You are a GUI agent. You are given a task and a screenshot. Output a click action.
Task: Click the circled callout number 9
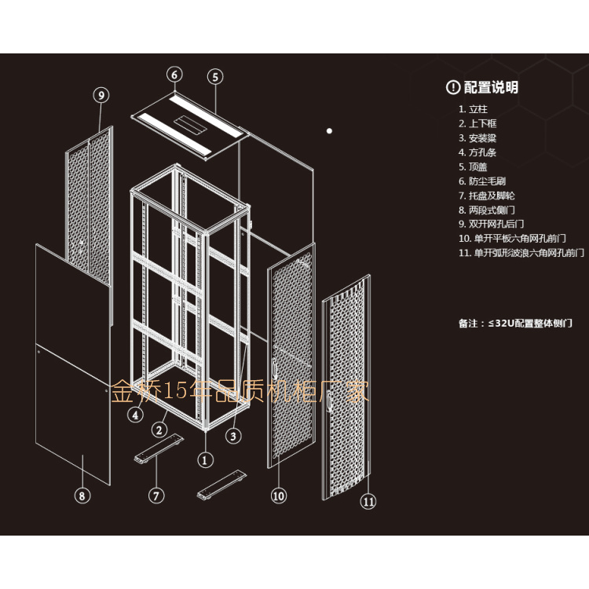pos(101,95)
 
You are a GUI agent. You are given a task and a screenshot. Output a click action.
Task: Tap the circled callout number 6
pos(174,75)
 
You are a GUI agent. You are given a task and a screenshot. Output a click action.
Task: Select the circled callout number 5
pos(216,76)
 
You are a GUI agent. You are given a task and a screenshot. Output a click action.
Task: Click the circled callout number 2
pos(159,430)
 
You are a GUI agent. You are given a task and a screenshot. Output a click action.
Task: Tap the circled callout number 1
pos(205,460)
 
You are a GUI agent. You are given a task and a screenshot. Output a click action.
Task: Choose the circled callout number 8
pos(82,496)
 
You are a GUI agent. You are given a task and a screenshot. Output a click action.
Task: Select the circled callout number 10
pos(279,496)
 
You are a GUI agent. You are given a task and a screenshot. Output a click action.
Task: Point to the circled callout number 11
pos(368,502)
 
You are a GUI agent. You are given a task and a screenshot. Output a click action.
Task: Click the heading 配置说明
pos(491,87)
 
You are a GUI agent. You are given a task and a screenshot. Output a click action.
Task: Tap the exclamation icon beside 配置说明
pos(452,87)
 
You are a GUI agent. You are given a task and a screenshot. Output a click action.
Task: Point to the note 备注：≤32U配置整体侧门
pos(515,323)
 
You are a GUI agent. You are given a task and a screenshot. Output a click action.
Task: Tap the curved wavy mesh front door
pos(347,389)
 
